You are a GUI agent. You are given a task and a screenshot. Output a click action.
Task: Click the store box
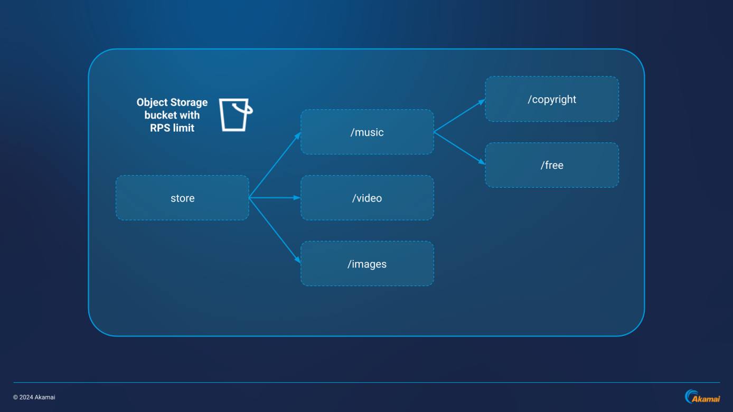click(x=182, y=198)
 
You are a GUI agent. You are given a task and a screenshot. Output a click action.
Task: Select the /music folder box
click(x=367, y=132)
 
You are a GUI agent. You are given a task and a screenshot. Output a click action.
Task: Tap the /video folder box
click(x=367, y=198)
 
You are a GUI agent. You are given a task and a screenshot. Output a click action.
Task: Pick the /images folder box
click(x=367, y=264)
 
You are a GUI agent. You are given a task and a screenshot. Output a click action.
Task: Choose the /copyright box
click(x=552, y=99)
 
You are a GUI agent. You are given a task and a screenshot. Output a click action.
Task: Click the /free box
click(x=552, y=165)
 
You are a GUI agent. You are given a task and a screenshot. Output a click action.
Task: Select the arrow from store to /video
click(x=275, y=198)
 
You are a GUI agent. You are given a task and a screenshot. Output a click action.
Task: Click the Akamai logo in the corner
click(x=702, y=397)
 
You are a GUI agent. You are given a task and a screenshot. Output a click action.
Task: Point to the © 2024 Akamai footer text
click(x=34, y=397)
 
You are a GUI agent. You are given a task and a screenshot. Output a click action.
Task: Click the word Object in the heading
click(x=152, y=102)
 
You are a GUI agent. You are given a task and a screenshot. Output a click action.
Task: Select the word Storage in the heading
click(x=189, y=102)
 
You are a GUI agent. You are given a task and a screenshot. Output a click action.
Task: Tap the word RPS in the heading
click(x=161, y=128)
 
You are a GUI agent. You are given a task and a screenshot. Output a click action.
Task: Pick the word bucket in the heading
click(x=161, y=115)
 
